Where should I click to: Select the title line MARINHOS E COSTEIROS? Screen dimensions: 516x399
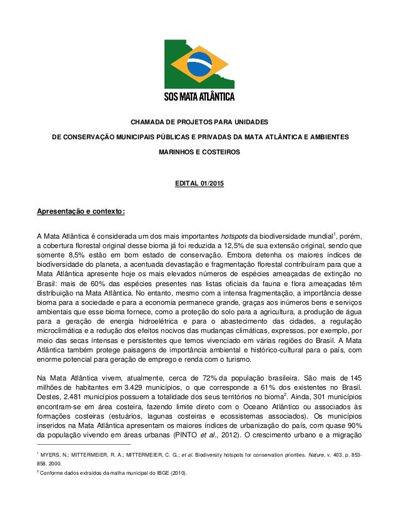click(199, 151)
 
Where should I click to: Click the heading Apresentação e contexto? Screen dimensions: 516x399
click(81, 211)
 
